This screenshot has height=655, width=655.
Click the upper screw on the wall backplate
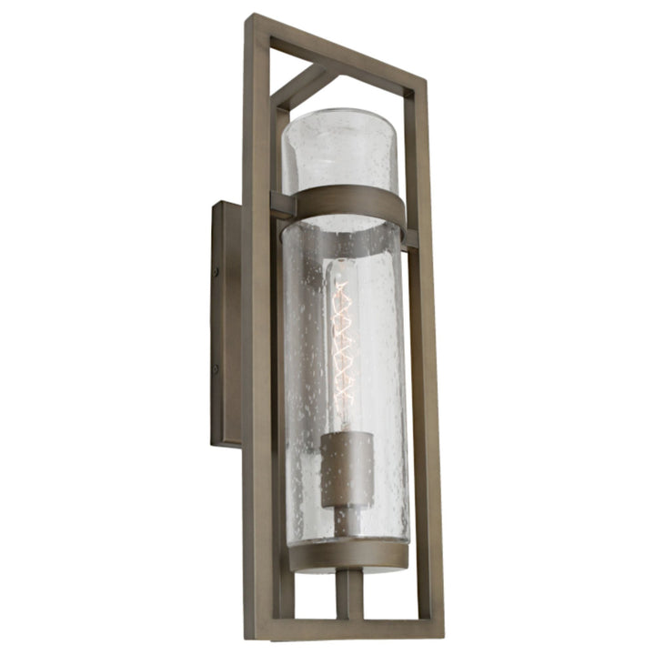(x=216, y=271)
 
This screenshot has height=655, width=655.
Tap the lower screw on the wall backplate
(x=215, y=369)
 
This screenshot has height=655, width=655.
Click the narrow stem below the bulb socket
(x=345, y=520)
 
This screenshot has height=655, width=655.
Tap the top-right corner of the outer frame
(x=420, y=85)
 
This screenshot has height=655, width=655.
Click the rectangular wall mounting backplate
(x=227, y=323)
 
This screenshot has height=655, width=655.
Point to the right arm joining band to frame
(x=410, y=238)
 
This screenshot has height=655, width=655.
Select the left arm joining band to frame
(x=281, y=206)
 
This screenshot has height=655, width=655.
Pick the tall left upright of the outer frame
(x=258, y=327)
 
